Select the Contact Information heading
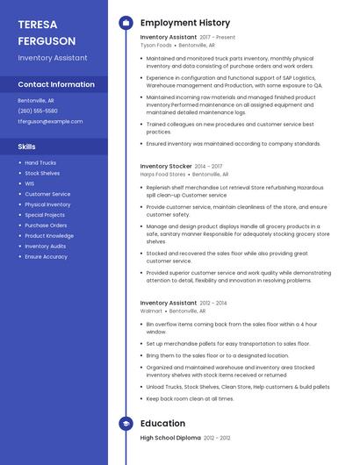[x=56, y=84]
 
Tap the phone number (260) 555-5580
[x=38, y=111]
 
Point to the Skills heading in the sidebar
[x=27, y=147]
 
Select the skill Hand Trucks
[x=40, y=163]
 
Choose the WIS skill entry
[x=30, y=183]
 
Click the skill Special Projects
[x=45, y=215]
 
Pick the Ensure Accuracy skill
[x=46, y=256]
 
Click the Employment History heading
[x=185, y=23]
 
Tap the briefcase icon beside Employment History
[x=126, y=23]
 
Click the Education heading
[x=162, y=422]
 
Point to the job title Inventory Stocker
[x=166, y=166]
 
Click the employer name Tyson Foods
[x=156, y=45]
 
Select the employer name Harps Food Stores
[x=163, y=174]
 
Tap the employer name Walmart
[x=151, y=311]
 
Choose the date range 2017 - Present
[x=217, y=38]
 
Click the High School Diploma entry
[x=171, y=437]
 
